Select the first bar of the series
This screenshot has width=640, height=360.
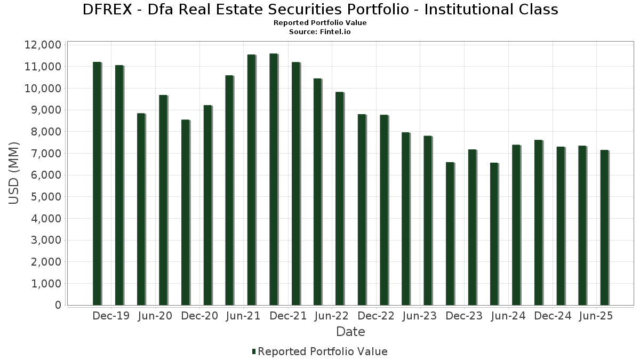click(97, 183)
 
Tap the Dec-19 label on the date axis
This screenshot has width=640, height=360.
click(111, 316)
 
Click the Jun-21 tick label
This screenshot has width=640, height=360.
click(243, 316)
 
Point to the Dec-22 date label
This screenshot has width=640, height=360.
click(376, 316)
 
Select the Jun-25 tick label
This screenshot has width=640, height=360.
click(596, 316)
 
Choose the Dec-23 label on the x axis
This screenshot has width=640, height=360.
click(464, 316)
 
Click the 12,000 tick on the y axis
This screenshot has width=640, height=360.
click(43, 45)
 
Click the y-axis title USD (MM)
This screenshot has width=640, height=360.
click(14, 173)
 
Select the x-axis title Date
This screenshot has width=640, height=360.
click(350, 332)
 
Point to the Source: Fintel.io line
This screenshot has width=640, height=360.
click(320, 32)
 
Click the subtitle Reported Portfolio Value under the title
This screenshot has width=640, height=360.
click(320, 23)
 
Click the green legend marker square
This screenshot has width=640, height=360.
click(254, 351)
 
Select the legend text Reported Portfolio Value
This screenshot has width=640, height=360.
click(323, 351)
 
